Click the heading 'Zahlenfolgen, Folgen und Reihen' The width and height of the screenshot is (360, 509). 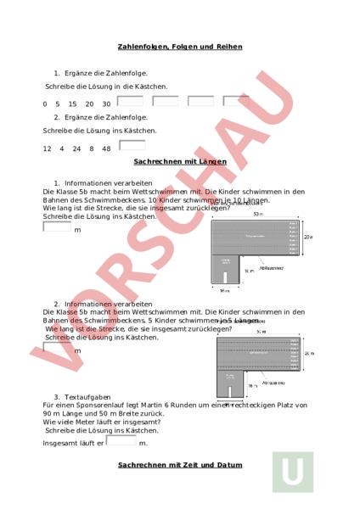(180, 47)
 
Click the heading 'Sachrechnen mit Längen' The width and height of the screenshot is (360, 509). (180, 160)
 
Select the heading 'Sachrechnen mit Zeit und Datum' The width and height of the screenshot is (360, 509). (180, 464)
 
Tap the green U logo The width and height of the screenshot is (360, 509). (292, 472)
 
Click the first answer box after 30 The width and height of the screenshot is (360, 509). (129, 102)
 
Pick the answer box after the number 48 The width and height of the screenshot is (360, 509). (132, 146)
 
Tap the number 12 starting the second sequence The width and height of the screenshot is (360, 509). (48, 148)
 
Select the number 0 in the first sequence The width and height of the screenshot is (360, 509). (45, 103)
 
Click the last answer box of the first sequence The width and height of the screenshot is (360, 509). (235, 102)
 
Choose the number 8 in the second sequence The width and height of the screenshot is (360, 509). (91, 148)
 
